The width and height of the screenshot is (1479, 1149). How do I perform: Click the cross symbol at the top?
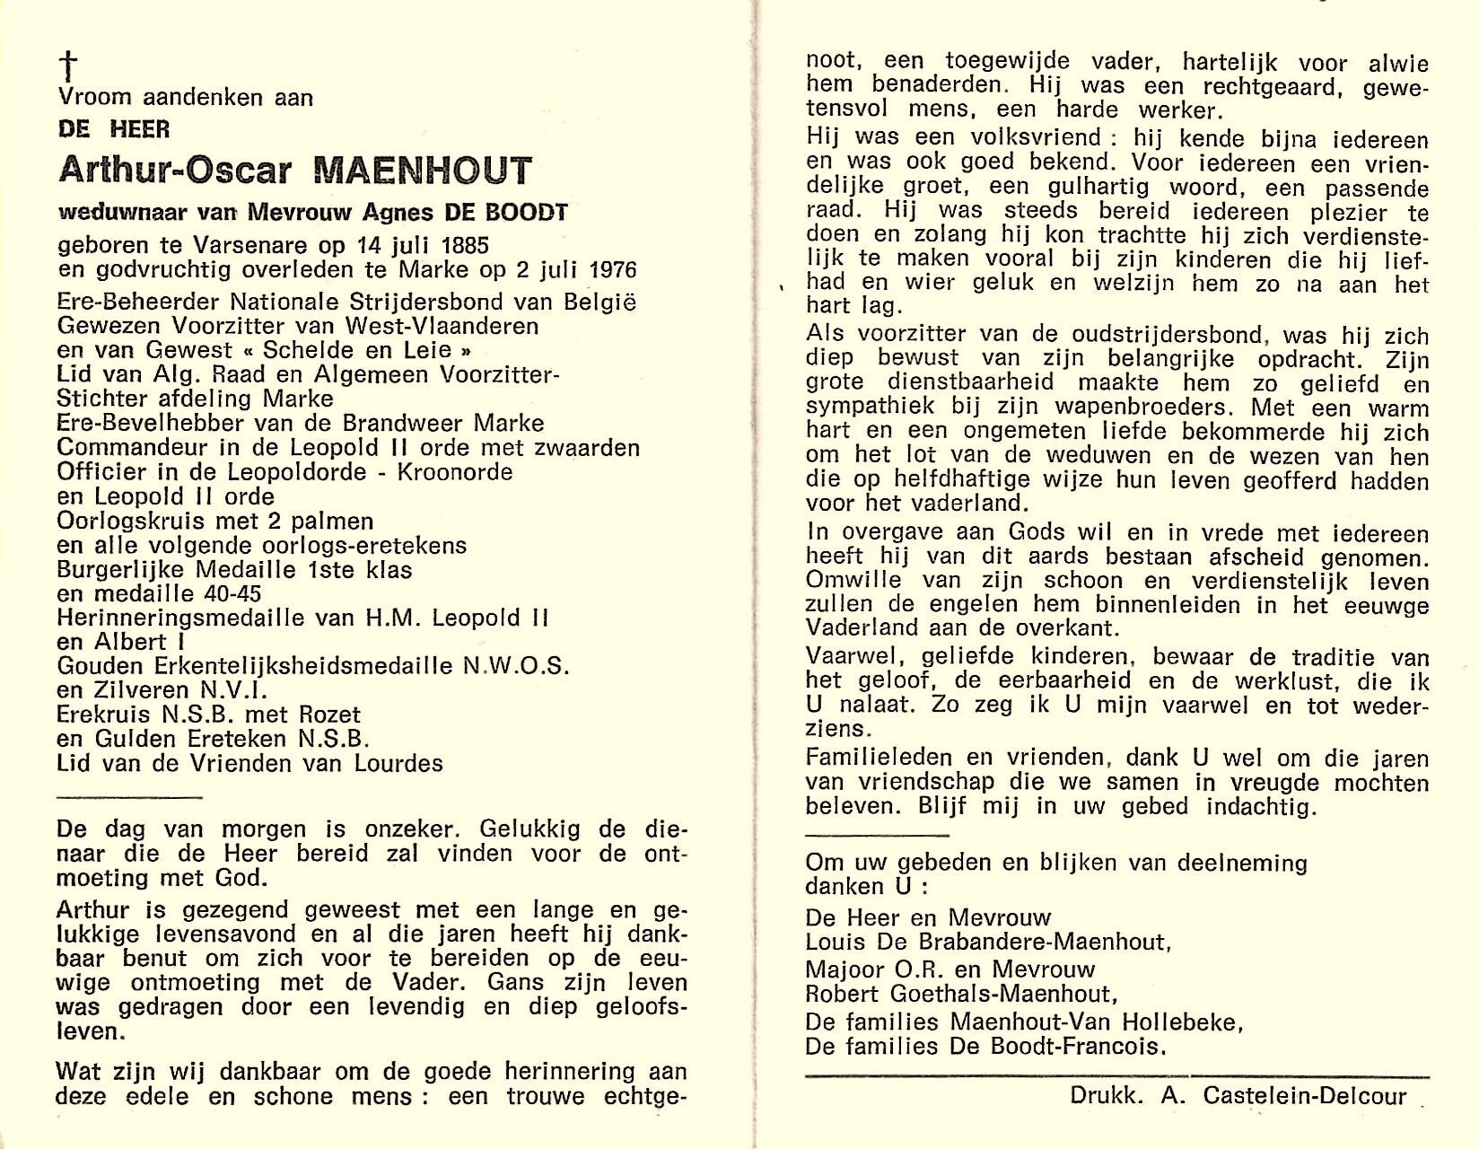point(68,66)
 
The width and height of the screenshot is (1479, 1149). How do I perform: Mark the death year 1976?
point(606,269)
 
